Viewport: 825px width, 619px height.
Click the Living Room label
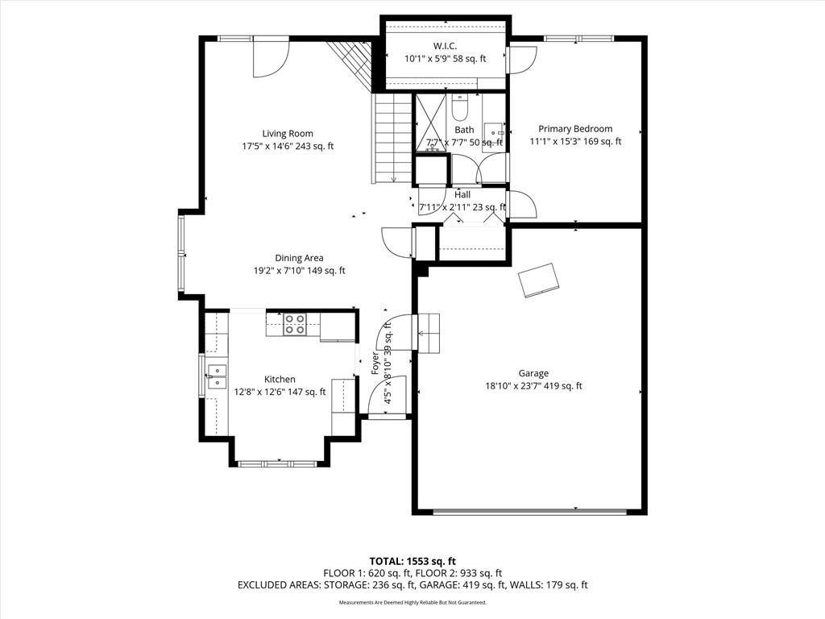[x=288, y=134]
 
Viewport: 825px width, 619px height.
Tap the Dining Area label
[x=299, y=258]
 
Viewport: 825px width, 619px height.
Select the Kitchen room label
[x=280, y=379]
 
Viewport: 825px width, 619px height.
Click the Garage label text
[x=533, y=373]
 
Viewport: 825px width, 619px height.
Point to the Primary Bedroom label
[x=575, y=129]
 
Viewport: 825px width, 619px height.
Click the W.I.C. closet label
[x=446, y=46]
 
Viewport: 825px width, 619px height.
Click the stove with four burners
[x=294, y=324]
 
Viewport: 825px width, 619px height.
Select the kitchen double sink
[x=217, y=376]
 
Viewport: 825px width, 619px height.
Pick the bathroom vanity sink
[x=494, y=132]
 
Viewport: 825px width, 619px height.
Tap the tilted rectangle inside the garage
[x=540, y=280]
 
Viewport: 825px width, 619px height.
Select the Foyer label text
[x=375, y=364]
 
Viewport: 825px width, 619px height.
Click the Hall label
[x=462, y=194]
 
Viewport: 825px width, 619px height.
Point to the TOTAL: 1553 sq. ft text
[x=412, y=561]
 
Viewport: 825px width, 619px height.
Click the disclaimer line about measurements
[x=412, y=602]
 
